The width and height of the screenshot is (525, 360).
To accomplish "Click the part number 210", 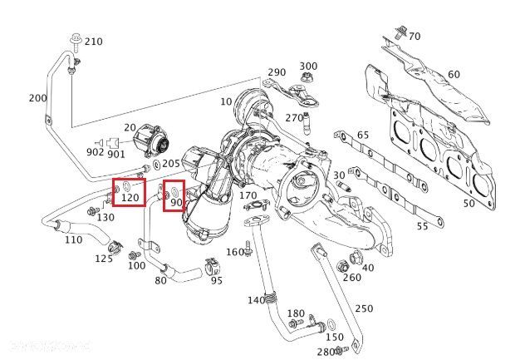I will [94, 42].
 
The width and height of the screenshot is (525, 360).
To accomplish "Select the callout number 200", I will [37, 98].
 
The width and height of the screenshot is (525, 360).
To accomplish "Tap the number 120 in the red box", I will [130, 199].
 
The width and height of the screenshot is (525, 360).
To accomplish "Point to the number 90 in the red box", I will [176, 202].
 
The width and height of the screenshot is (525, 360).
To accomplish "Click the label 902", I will [95, 152].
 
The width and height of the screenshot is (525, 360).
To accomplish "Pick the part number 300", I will [308, 67].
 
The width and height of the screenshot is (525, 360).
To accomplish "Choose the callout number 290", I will [277, 73].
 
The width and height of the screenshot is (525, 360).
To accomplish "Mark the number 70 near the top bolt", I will [414, 37].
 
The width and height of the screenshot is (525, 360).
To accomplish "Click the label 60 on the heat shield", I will [454, 75].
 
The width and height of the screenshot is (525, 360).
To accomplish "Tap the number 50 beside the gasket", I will [469, 203].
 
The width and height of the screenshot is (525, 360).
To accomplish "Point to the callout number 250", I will [364, 308].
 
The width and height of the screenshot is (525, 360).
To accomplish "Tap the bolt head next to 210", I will [76, 39].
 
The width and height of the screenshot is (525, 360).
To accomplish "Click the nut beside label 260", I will [342, 267].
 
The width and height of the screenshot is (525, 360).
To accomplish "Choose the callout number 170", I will [248, 196].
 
